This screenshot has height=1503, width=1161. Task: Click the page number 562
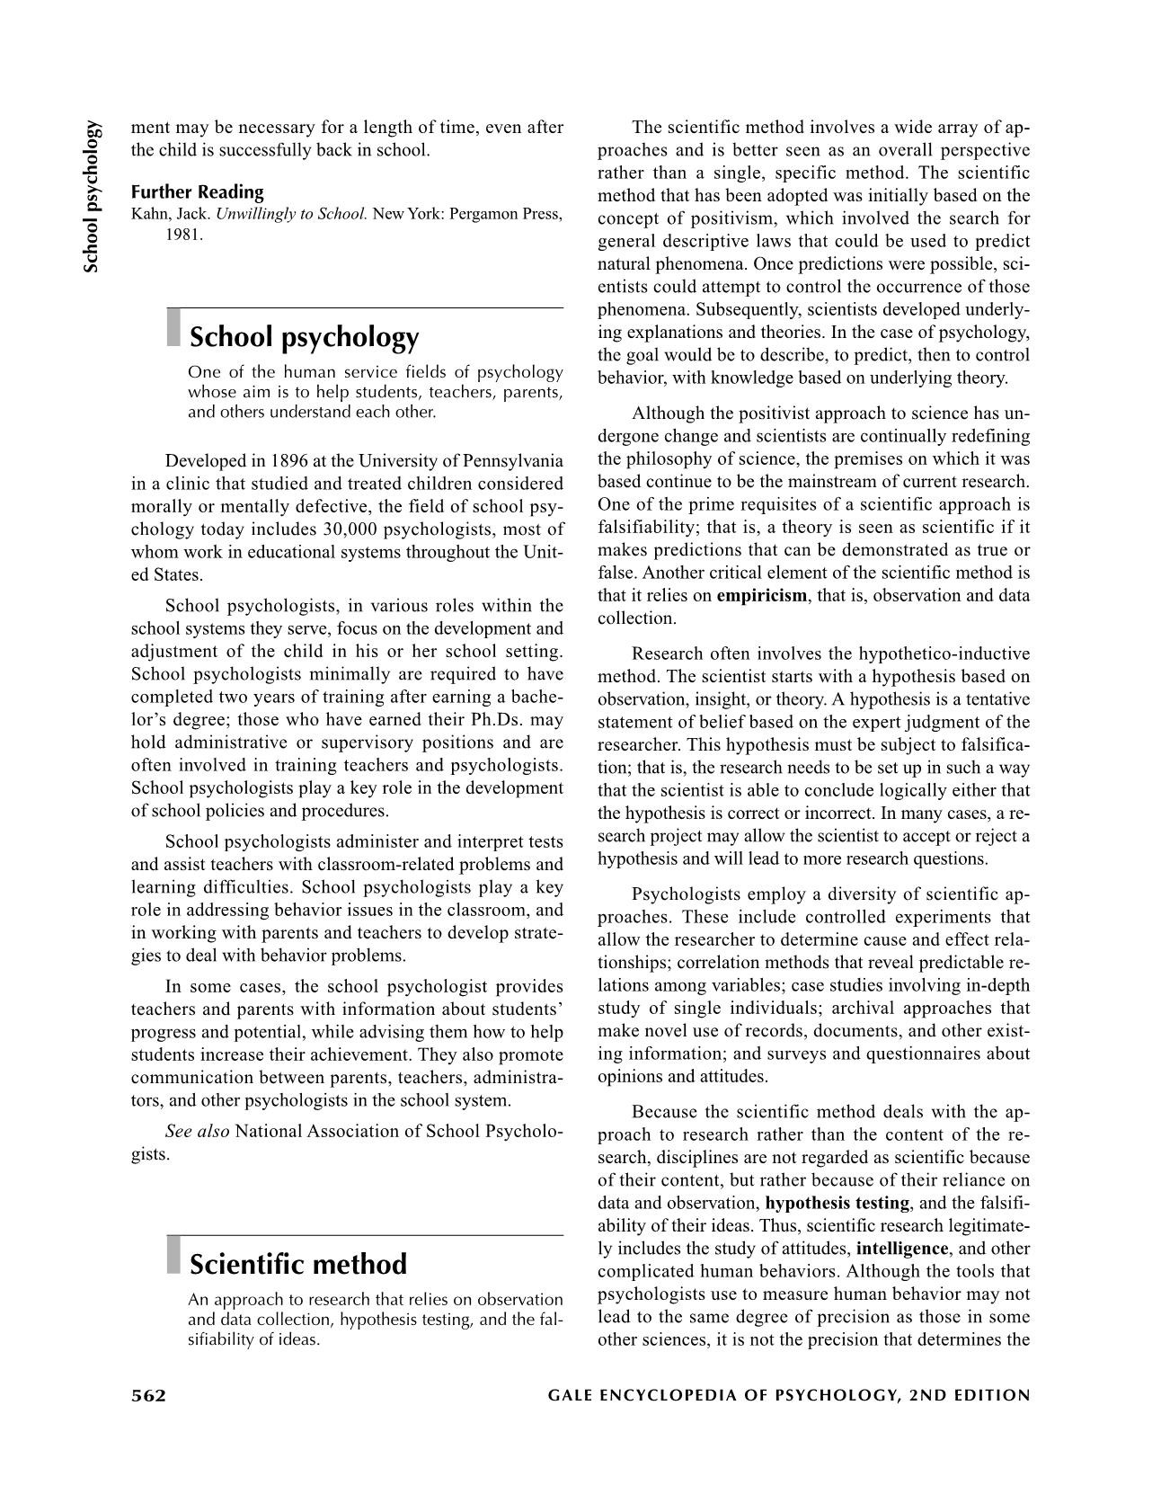(x=149, y=1395)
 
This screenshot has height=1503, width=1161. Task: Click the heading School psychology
(x=304, y=337)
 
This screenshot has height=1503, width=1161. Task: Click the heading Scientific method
(x=297, y=1264)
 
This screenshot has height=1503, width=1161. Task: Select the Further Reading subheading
(x=197, y=191)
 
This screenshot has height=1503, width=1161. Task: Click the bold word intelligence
(x=901, y=1249)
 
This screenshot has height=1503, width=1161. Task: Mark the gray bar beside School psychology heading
(x=173, y=327)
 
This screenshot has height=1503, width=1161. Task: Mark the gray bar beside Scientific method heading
(x=173, y=1255)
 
